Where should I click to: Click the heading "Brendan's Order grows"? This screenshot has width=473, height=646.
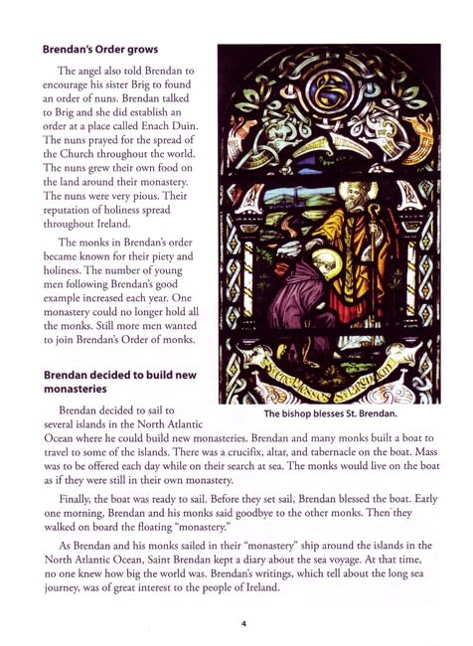pos(99,48)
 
